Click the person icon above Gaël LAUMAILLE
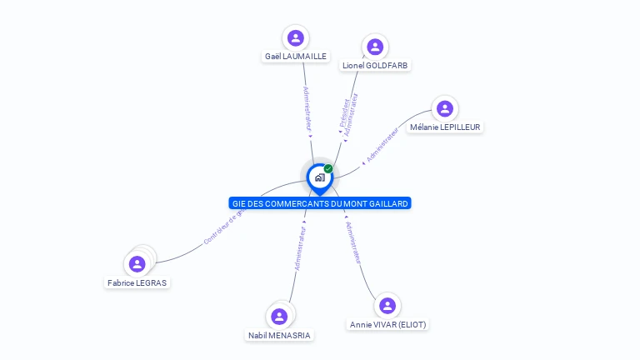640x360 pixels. tap(295, 37)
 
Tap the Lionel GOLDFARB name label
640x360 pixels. tap(376, 65)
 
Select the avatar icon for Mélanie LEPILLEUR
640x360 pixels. tap(445, 108)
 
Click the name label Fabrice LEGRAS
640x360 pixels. tap(137, 282)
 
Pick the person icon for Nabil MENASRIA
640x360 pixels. tap(279, 317)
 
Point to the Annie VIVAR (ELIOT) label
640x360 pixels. tap(387, 324)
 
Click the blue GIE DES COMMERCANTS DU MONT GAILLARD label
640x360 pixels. tap(320, 203)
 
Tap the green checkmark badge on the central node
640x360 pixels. tap(328, 169)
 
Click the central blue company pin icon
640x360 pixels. tap(319, 177)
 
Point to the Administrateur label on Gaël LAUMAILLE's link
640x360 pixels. tap(307, 108)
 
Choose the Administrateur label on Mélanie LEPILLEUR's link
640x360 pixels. tap(382, 143)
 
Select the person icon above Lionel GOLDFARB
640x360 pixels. tap(375, 47)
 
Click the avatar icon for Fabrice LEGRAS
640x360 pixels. tap(137, 264)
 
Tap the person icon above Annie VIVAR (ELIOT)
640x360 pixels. tap(387, 306)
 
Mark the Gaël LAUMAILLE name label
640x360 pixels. tap(296, 57)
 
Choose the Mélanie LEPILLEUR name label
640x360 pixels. tap(445, 127)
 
